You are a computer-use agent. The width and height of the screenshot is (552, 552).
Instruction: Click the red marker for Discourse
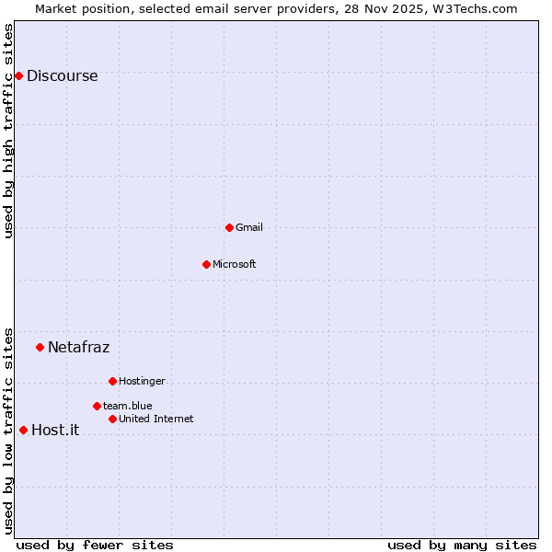[x=18, y=75]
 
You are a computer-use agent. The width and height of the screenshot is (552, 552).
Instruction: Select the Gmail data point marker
[x=229, y=227]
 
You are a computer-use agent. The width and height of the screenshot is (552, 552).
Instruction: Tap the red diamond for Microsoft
[x=206, y=264]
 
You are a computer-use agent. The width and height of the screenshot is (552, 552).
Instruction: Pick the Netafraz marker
[x=40, y=347]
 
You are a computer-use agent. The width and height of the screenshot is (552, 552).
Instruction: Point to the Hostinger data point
[x=112, y=381]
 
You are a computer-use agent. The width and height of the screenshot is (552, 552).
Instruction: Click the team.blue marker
[x=97, y=406]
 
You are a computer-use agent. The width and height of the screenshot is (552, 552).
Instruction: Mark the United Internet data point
[x=112, y=419]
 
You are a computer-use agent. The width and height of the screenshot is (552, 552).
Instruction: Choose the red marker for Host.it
[x=23, y=430]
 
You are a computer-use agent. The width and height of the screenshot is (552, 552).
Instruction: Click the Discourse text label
[x=62, y=76]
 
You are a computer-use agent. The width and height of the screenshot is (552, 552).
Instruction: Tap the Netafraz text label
[x=78, y=347]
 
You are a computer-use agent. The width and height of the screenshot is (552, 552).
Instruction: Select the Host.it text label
[x=55, y=430]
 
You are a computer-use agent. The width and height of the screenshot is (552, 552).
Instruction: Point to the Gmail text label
[x=248, y=227]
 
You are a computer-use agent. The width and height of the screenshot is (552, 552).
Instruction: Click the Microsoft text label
[x=234, y=264]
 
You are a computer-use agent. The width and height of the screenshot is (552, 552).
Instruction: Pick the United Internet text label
[x=155, y=419]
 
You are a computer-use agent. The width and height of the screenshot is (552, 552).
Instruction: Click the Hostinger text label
[x=142, y=381]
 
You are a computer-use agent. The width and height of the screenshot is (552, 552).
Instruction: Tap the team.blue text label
[x=127, y=406]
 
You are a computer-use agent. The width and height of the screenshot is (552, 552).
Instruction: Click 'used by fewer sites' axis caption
[x=95, y=545]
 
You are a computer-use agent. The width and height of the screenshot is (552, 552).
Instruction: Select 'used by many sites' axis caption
[x=462, y=545]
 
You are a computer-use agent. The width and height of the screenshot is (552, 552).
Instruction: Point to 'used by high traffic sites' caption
[x=9, y=131]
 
